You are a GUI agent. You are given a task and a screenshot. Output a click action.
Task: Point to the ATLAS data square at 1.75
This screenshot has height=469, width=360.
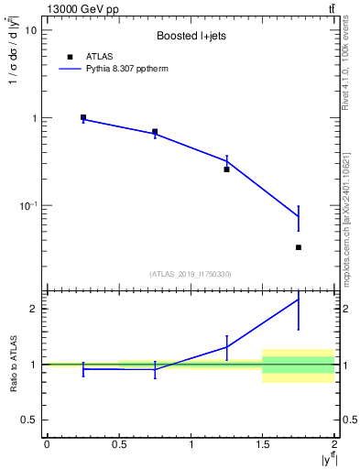click(x=299, y=247)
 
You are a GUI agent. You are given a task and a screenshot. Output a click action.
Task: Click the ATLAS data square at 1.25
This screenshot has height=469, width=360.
click(x=226, y=169)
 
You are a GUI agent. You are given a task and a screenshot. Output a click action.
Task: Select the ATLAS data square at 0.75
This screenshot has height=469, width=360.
click(x=155, y=132)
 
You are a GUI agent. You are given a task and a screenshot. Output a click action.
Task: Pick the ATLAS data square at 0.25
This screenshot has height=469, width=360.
click(x=83, y=117)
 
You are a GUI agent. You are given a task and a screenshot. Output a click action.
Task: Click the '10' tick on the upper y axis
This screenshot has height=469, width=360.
click(x=29, y=30)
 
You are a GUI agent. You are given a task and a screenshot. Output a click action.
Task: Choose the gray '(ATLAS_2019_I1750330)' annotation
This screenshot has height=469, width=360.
click(x=191, y=274)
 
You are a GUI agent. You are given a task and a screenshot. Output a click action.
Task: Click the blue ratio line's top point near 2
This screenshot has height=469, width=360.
click(x=299, y=300)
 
